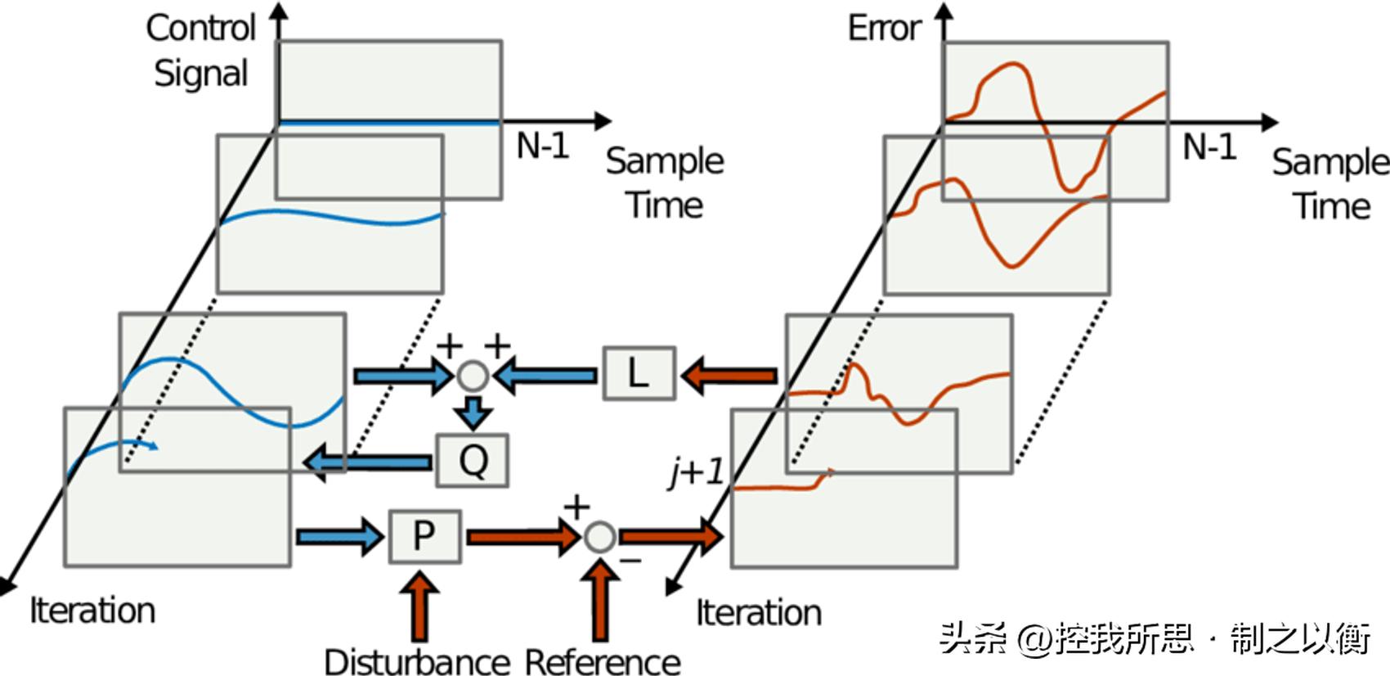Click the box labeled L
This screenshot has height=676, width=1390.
(639, 374)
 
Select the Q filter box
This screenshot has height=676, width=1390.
(472, 461)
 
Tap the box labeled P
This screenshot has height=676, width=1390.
(424, 537)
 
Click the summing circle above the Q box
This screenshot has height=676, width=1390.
(473, 376)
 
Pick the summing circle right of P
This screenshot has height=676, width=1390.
(599, 538)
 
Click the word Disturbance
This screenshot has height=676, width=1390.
(417, 661)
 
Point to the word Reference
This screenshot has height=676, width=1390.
(603, 661)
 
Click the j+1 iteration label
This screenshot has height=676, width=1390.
(696, 472)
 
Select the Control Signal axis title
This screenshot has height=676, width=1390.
(201, 51)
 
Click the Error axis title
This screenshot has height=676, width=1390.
(884, 29)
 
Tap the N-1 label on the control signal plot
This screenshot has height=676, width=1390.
(542, 146)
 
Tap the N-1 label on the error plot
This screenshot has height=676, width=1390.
(1209, 147)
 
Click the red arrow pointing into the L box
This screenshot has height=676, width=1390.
(729, 376)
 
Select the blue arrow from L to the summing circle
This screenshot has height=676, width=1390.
(546, 376)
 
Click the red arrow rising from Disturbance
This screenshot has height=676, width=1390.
(420, 606)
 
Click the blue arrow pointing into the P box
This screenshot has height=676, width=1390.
(339, 537)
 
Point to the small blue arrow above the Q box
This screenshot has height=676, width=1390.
(473, 412)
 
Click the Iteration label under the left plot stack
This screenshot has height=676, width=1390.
(92, 611)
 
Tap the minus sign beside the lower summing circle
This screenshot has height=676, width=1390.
(630, 561)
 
